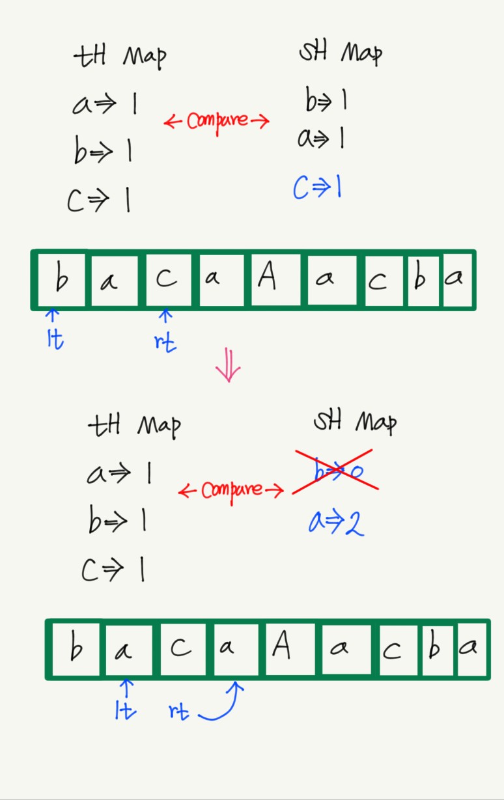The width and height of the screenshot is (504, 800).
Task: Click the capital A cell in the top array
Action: [266, 279]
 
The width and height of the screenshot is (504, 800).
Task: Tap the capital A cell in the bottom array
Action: [281, 648]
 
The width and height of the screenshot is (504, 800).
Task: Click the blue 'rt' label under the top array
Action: [165, 341]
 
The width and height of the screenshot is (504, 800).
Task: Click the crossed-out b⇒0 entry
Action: [335, 471]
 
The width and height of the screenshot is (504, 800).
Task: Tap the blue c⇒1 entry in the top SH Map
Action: [318, 189]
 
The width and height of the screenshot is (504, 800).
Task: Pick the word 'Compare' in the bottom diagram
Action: [231, 490]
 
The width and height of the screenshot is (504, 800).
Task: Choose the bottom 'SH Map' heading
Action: [355, 423]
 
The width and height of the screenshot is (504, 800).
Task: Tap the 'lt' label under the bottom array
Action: [125, 711]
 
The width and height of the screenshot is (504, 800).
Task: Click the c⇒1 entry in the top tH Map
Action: [99, 200]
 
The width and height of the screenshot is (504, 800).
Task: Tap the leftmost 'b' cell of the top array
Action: [61, 279]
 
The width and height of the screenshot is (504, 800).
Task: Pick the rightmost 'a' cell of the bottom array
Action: [471, 648]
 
